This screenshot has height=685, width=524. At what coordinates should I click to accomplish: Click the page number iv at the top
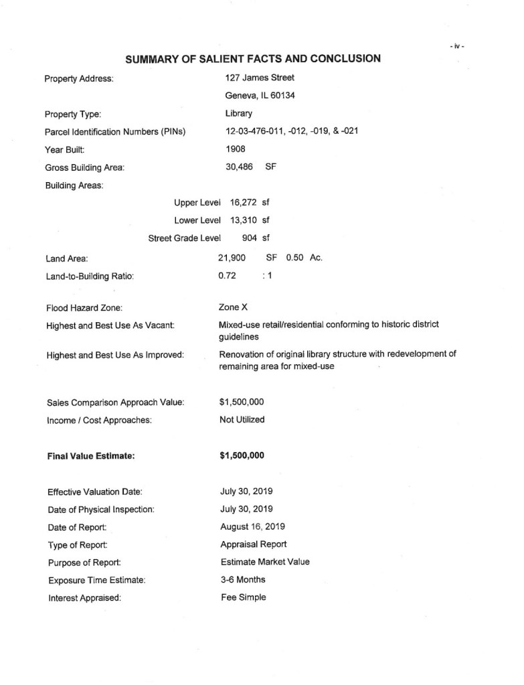[x=457, y=46]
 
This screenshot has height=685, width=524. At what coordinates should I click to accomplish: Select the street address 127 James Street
[x=260, y=78]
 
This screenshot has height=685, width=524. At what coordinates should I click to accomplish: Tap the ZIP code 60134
[x=281, y=95]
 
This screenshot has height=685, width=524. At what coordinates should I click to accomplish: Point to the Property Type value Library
[x=239, y=113]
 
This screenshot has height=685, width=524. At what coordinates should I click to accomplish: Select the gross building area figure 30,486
[x=240, y=167]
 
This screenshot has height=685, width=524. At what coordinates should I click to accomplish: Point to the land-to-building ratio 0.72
[x=227, y=275]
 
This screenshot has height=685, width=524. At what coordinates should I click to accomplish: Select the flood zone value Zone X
[x=234, y=307]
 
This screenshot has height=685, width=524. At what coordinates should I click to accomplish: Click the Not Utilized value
[x=242, y=419]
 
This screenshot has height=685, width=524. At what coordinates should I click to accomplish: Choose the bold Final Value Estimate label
[x=91, y=456]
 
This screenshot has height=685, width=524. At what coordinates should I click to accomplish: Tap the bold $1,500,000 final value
[x=242, y=455]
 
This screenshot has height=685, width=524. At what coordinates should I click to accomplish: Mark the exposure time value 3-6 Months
[x=242, y=579]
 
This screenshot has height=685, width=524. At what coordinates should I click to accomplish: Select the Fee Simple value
[x=243, y=597]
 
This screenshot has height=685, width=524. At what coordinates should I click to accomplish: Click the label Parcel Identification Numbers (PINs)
[x=115, y=131]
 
